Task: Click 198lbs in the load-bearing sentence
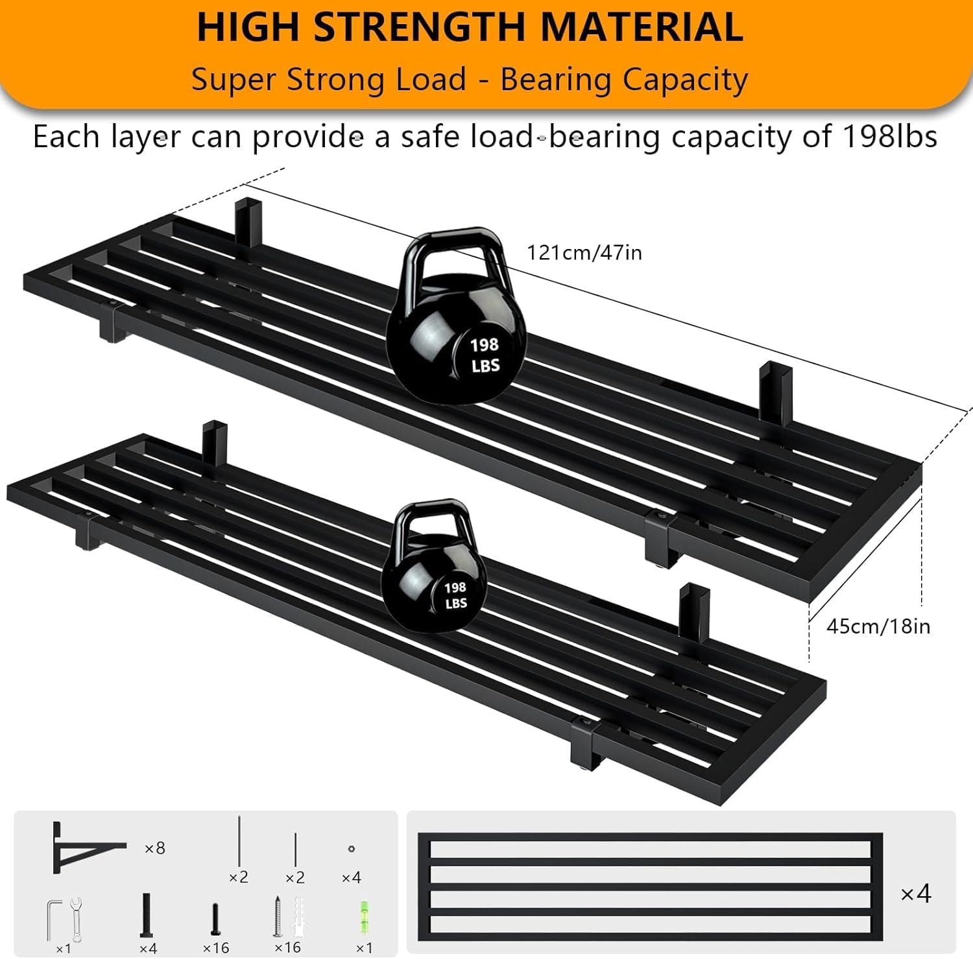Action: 889,137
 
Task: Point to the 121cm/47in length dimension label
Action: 584,252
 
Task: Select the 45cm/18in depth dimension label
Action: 878,626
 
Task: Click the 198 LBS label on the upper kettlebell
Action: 485,355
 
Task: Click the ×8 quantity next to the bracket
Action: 155,848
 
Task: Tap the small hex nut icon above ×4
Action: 352,848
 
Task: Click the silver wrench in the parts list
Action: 76,919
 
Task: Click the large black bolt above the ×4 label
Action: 147,915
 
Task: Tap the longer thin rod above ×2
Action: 239,841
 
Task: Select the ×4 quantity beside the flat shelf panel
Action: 916,894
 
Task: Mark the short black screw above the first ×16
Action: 216,919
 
